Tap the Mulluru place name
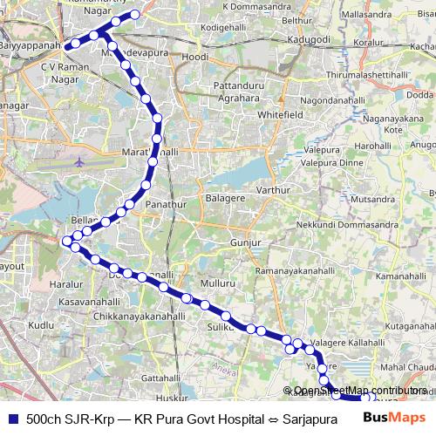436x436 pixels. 217,283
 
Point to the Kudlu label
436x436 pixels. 41,324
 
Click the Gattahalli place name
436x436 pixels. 160,378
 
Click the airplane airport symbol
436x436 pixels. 80,162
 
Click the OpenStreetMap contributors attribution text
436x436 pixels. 359,391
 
